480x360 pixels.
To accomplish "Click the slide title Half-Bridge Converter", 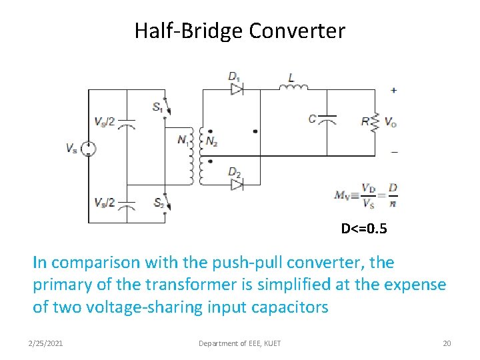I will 240,31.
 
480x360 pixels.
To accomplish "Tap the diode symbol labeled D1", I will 236,89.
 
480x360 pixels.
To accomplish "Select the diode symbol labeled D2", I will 236,185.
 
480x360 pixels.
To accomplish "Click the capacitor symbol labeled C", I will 327,120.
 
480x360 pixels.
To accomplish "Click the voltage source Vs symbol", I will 88,150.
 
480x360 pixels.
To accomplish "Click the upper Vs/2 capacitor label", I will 105,122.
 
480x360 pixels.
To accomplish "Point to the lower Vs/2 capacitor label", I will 105,202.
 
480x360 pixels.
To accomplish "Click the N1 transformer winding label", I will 182,140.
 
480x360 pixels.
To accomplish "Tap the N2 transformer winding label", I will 211,141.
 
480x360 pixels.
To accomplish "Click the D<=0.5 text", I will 364,229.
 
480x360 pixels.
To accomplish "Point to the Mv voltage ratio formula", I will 366,194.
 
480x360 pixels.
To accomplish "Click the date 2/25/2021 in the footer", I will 46,343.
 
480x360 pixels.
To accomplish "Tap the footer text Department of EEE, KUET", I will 240,343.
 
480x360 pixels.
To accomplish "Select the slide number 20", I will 447,343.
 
